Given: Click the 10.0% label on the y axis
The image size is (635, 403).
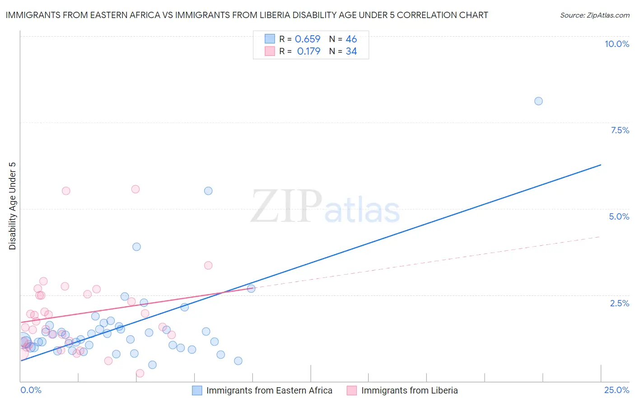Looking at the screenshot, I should click(x=616, y=44).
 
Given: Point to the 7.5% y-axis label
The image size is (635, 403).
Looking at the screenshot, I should click(x=620, y=130).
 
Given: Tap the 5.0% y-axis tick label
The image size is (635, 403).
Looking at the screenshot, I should click(x=619, y=216).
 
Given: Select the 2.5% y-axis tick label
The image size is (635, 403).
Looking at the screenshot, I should click(x=619, y=303).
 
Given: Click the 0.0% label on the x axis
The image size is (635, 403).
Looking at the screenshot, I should click(x=31, y=390).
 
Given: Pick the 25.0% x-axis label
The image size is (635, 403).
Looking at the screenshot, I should click(x=616, y=390).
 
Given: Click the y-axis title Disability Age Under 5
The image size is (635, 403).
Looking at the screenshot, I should click(x=13, y=206).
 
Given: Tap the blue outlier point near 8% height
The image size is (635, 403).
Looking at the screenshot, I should click(x=538, y=101).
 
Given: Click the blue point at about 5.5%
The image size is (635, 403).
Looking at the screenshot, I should click(x=208, y=191).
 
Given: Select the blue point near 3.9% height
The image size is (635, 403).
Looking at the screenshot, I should click(x=136, y=247).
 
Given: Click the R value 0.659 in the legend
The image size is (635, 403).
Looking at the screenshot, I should click(x=308, y=39).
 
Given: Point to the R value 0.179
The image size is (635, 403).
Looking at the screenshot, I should click(x=308, y=52).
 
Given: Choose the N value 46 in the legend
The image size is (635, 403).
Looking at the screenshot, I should click(x=351, y=39).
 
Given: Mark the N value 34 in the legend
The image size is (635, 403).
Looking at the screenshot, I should click(x=351, y=52).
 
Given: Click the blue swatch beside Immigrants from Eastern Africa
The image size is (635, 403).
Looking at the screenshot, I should click(x=197, y=390).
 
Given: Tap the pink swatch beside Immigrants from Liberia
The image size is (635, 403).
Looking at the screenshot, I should click(x=352, y=390).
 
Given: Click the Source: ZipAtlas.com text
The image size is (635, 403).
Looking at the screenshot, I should click(x=595, y=15).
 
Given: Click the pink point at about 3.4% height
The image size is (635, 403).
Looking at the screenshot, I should click(x=208, y=265).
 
